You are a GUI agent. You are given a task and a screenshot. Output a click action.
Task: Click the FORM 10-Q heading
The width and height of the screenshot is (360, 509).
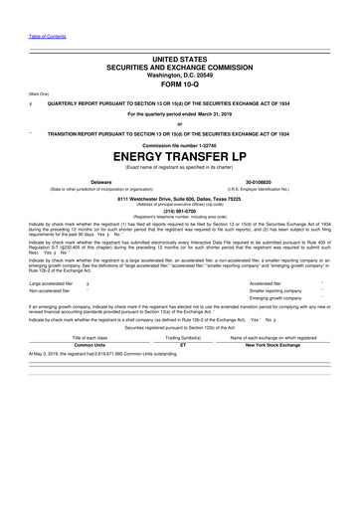(x=179, y=85)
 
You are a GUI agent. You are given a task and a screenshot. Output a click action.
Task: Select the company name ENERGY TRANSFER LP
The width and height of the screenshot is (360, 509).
(x=179, y=157)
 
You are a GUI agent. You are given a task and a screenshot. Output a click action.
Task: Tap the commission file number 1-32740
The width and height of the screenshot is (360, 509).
(x=179, y=143)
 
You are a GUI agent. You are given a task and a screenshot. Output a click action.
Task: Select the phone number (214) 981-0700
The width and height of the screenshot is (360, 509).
(x=179, y=211)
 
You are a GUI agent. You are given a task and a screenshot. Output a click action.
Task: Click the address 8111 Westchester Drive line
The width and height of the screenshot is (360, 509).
(x=179, y=197)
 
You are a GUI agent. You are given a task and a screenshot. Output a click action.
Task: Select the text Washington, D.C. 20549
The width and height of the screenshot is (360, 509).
(x=179, y=74)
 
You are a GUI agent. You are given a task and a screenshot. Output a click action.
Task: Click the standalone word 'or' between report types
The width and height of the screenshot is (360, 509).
(x=179, y=122)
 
